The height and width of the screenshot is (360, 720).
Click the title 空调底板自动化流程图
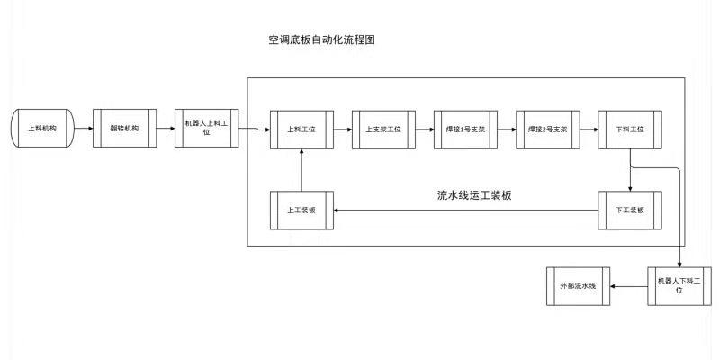tap(321, 40)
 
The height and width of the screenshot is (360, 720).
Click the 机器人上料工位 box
tap(206, 130)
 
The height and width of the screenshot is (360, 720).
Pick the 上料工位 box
tap(301, 130)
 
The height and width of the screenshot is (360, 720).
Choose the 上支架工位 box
tap(383, 130)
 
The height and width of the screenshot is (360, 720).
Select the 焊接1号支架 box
tap(465, 130)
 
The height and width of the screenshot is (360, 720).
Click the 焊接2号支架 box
tap(548, 130)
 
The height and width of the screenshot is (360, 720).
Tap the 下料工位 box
tap(630, 130)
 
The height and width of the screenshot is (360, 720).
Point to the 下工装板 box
tap(630, 210)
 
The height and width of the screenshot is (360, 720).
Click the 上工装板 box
tap(301, 210)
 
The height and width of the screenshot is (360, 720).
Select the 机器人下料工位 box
tap(679, 285)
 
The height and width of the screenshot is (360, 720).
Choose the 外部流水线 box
tap(578, 285)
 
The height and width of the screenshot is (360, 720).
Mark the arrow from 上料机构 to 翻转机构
tap(82, 130)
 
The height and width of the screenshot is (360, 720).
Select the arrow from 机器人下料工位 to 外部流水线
tap(629, 285)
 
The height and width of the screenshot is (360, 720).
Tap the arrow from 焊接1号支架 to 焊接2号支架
tap(507, 130)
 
